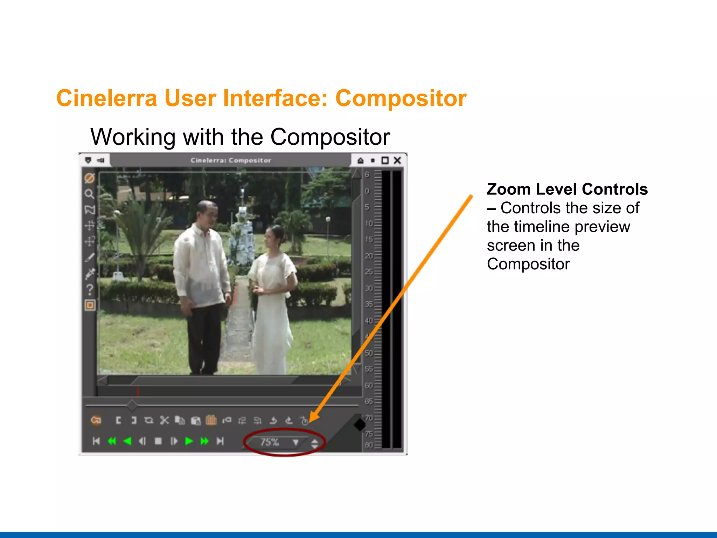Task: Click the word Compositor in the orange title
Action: click(x=401, y=98)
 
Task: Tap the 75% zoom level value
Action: click(x=269, y=442)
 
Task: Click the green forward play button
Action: click(x=189, y=441)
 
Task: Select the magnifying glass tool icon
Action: click(x=89, y=194)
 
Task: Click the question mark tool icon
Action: click(x=90, y=290)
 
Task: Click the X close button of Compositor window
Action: click(x=397, y=160)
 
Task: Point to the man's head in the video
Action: click(x=207, y=213)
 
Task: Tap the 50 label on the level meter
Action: click(x=369, y=353)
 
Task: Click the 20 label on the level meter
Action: click(x=369, y=256)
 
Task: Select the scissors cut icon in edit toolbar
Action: click(x=164, y=420)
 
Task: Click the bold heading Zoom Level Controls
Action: click(x=567, y=189)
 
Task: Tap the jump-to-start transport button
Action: click(x=96, y=441)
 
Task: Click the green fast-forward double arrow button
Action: click(x=204, y=441)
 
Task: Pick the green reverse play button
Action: click(x=127, y=441)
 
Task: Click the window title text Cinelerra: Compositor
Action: click(x=231, y=160)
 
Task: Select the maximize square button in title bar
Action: click(x=385, y=160)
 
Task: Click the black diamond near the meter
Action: click(x=360, y=425)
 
